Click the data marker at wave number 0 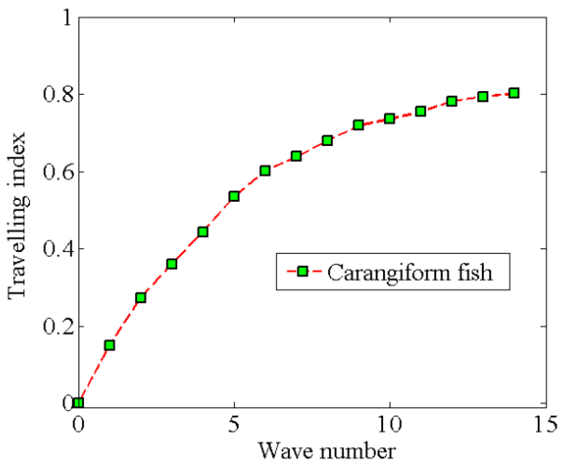[x=79, y=403]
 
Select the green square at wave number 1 [x=109, y=345]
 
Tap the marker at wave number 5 [x=234, y=196]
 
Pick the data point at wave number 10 [x=390, y=118]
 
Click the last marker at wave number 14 [x=514, y=93]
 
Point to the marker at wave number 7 [x=296, y=156]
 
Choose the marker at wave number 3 [x=172, y=264]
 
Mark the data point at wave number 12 [x=452, y=101]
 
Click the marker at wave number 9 [x=359, y=125]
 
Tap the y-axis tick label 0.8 [x=58, y=95]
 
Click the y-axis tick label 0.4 [x=58, y=249]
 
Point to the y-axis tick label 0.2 [x=58, y=327]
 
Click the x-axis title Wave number [x=327, y=451]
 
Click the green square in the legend [x=303, y=271]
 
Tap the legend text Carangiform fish [x=410, y=272]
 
